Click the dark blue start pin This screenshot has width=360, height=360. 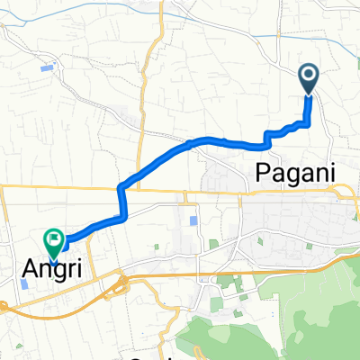click(309, 78)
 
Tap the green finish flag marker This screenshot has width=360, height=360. click(52, 240)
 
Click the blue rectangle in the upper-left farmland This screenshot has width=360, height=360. click(48, 67)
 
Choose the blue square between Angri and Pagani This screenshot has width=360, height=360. click(193, 220)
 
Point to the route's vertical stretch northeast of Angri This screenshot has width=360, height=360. click(122, 202)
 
